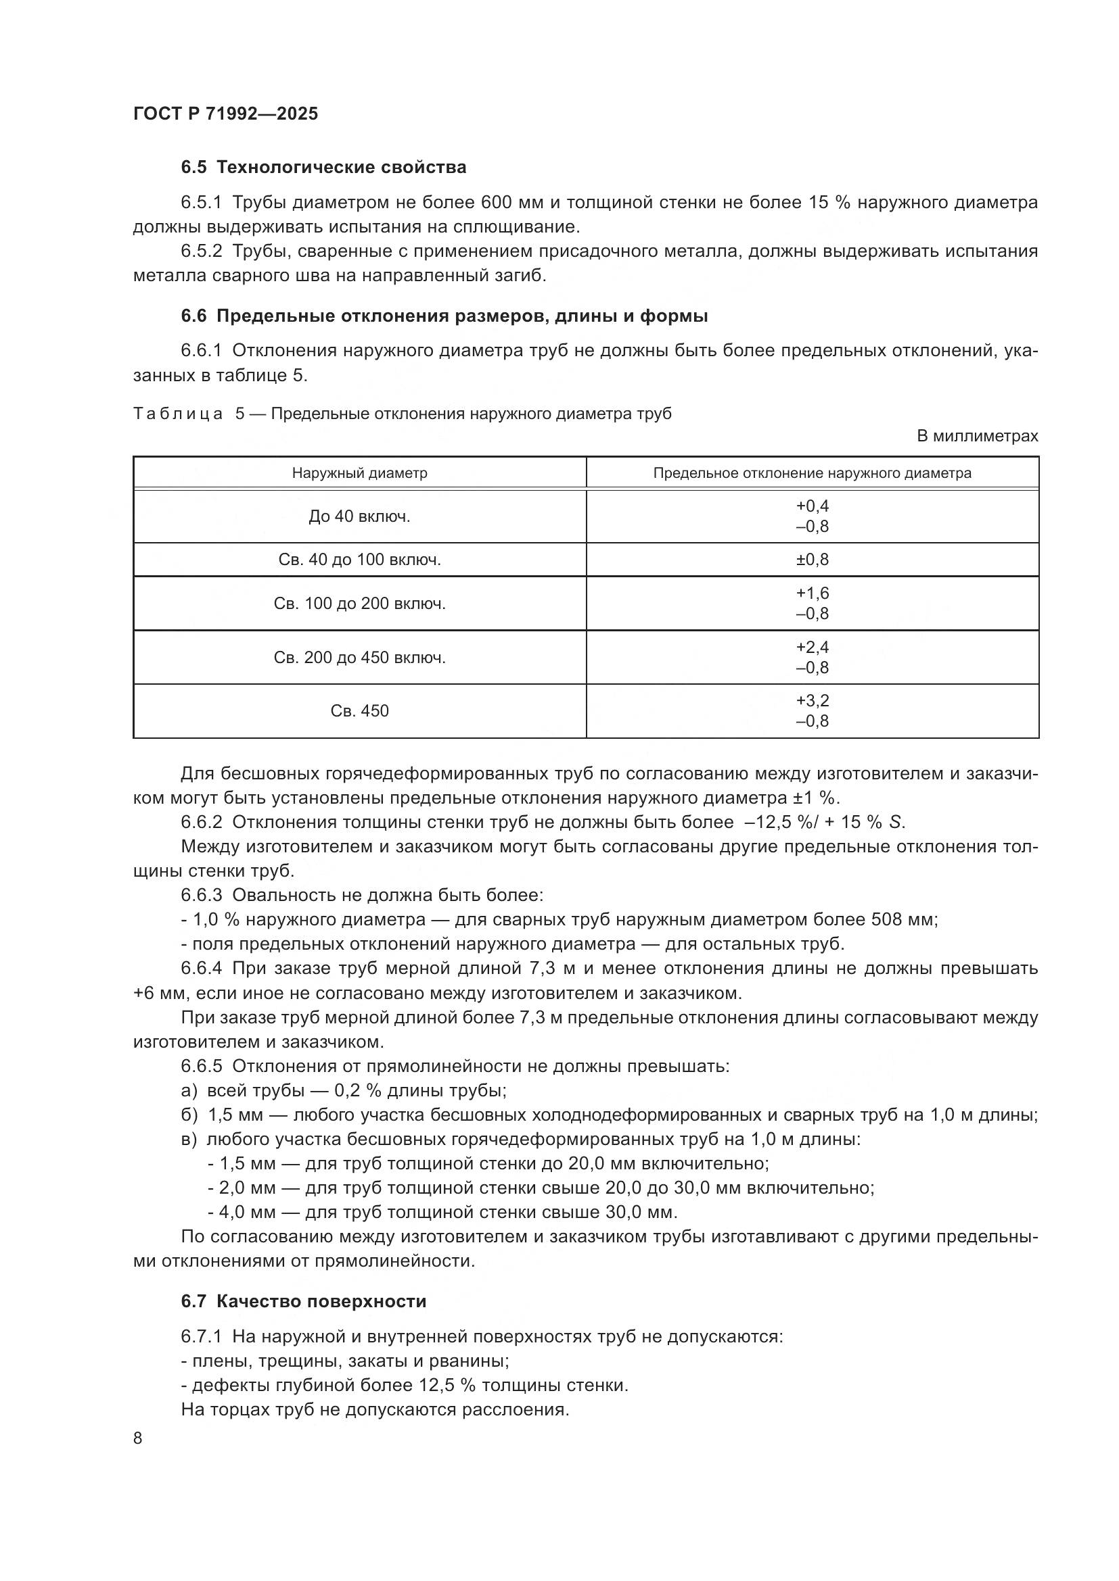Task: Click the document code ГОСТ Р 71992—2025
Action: coord(225,114)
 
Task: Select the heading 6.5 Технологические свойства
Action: coord(323,168)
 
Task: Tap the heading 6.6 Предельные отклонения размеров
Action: coord(444,316)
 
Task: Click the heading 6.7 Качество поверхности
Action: coord(303,1301)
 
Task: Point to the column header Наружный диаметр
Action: coord(359,473)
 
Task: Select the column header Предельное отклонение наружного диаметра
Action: coord(812,473)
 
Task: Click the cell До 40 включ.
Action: coord(359,516)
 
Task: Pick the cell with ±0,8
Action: coord(813,559)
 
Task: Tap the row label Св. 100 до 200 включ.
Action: coord(359,603)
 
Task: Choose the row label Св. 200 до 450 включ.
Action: coord(359,658)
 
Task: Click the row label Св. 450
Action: coord(359,710)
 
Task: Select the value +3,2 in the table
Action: coord(813,700)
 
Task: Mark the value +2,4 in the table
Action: coord(813,647)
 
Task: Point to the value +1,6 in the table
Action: coord(813,593)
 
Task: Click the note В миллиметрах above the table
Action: coord(976,436)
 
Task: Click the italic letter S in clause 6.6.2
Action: coord(895,822)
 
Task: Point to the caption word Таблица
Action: coord(178,414)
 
